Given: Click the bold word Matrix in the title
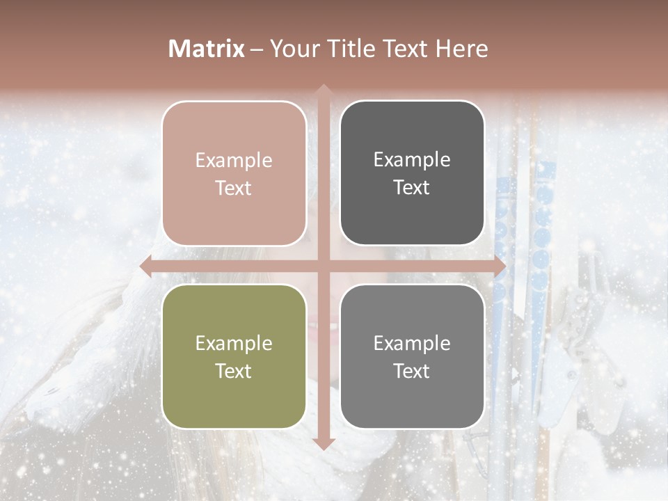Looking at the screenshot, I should click(x=207, y=49).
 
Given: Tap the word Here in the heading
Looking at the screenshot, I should click(x=462, y=49).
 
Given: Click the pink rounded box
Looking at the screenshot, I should click(x=234, y=173).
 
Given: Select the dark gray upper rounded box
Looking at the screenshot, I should click(x=412, y=173).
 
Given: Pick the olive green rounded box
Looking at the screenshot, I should click(x=234, y=356).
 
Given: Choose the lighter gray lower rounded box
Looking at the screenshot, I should click(x=412, y=356).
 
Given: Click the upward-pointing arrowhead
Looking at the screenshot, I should click(x=323, y=89).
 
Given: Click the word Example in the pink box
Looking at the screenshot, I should click(x=234, y=160).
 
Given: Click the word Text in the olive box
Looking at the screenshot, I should click(x=234, y=371).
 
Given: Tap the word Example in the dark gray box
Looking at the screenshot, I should click(x=412, y=159).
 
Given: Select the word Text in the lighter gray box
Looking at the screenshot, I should click(x=412, y=371).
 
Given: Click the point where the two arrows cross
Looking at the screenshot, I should click(x=323, y=267).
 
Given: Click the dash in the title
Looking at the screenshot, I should click(x=257, y=49).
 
